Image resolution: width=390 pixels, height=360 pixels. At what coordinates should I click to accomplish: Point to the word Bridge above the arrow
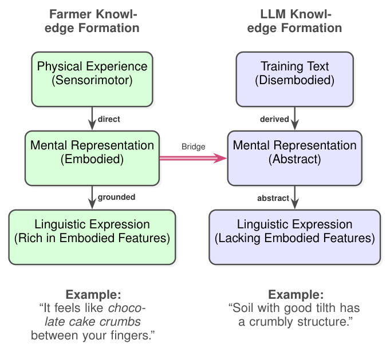click(x=193, y=147)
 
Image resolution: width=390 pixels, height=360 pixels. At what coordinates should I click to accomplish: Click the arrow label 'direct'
click(x=109, y=119)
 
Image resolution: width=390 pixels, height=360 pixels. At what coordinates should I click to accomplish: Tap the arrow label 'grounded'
click(x=116, y=197)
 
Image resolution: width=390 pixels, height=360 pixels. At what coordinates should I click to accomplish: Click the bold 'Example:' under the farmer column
click(x=93, y=295)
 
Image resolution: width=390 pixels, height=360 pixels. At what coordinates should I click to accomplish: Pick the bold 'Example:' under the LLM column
click(x=296, y=295)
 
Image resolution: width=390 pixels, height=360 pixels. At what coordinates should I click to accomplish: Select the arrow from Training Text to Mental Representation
click(x=294, y=118)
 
